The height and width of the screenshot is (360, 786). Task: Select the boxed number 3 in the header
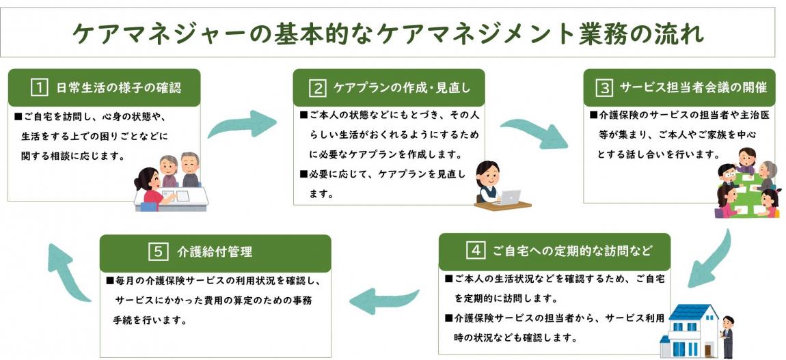(x=604, y=87)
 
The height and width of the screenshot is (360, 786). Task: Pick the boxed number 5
(x=158, y=251)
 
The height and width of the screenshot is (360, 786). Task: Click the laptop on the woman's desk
(x=510, y=196)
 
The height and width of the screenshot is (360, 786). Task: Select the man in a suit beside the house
(x=727, y=335)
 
